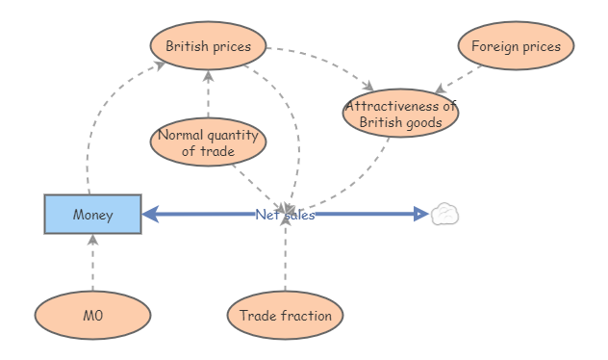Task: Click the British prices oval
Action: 208,46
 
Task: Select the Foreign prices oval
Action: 516,46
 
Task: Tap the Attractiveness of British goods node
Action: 400,114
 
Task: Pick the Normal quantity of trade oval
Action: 208,142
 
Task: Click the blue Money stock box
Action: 92,214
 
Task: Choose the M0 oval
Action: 92,316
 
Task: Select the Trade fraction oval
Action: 285,316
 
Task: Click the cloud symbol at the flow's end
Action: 443,214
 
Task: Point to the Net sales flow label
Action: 285,215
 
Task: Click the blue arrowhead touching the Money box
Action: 150,214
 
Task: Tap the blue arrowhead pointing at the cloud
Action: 420,214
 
